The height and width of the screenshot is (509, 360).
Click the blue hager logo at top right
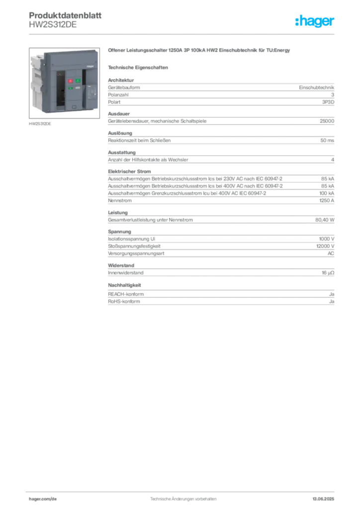point(315,22)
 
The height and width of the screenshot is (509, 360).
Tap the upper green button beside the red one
point(78,81)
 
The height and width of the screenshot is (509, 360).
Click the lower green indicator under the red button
point(71,88)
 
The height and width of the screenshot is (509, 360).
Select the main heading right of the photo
point(199,51)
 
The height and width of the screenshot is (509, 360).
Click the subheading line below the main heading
point(140,67)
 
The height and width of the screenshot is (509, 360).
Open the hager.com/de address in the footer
point(42,499)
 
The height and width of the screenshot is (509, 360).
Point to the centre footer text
point(182,497)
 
